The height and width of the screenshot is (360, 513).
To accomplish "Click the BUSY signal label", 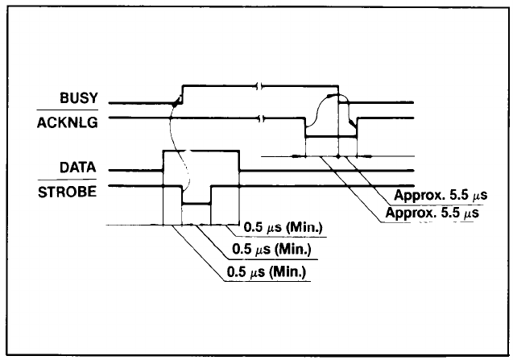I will (x=79, y=99).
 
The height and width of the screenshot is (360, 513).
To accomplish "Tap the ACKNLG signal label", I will (x=68, y=123).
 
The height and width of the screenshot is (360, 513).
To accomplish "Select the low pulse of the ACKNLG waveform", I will (x=329, y=136).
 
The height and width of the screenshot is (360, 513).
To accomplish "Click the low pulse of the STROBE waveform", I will (x=196, y=205).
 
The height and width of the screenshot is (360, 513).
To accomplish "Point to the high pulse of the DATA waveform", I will (x=201, y=151).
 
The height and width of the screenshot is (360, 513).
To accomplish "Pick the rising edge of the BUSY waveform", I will (x=183, y=93).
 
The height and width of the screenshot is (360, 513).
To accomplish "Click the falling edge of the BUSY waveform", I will (x=339, y=93).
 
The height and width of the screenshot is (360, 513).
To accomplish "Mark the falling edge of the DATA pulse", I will (x=240, y=160).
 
